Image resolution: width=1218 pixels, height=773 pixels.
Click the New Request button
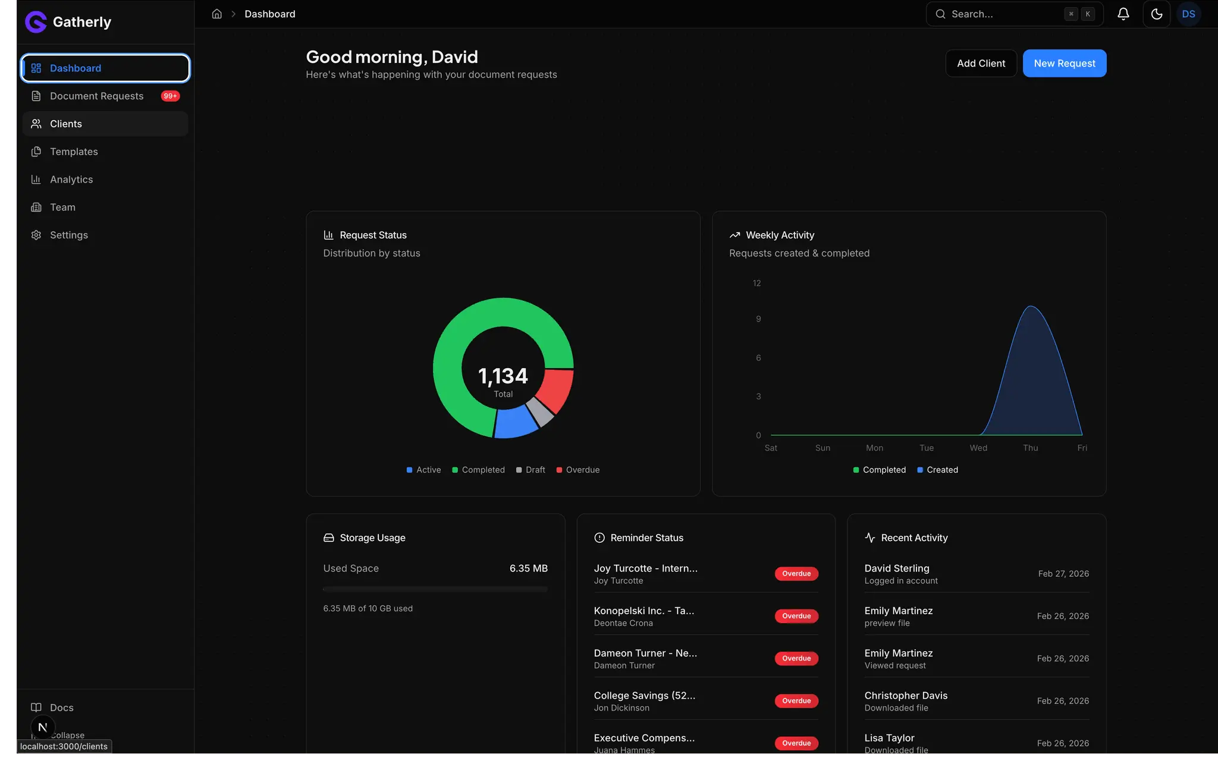point(1064,63)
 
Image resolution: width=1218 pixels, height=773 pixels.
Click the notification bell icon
point(1123,14)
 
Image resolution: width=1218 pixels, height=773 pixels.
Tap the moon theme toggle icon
point(1156,14)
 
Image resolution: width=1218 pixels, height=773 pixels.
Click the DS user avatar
point(1188,14)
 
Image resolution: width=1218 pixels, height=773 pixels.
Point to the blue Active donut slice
point(515,423)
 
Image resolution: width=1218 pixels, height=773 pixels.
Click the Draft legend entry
point(530,470)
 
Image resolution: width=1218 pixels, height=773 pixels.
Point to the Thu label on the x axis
point(1030,448)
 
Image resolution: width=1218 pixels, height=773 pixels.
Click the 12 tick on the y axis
point(756,283)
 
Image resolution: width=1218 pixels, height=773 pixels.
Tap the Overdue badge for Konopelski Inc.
point(796,616)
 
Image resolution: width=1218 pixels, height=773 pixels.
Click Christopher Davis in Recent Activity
point(906,695)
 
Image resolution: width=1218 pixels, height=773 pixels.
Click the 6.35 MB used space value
point(528,568)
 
